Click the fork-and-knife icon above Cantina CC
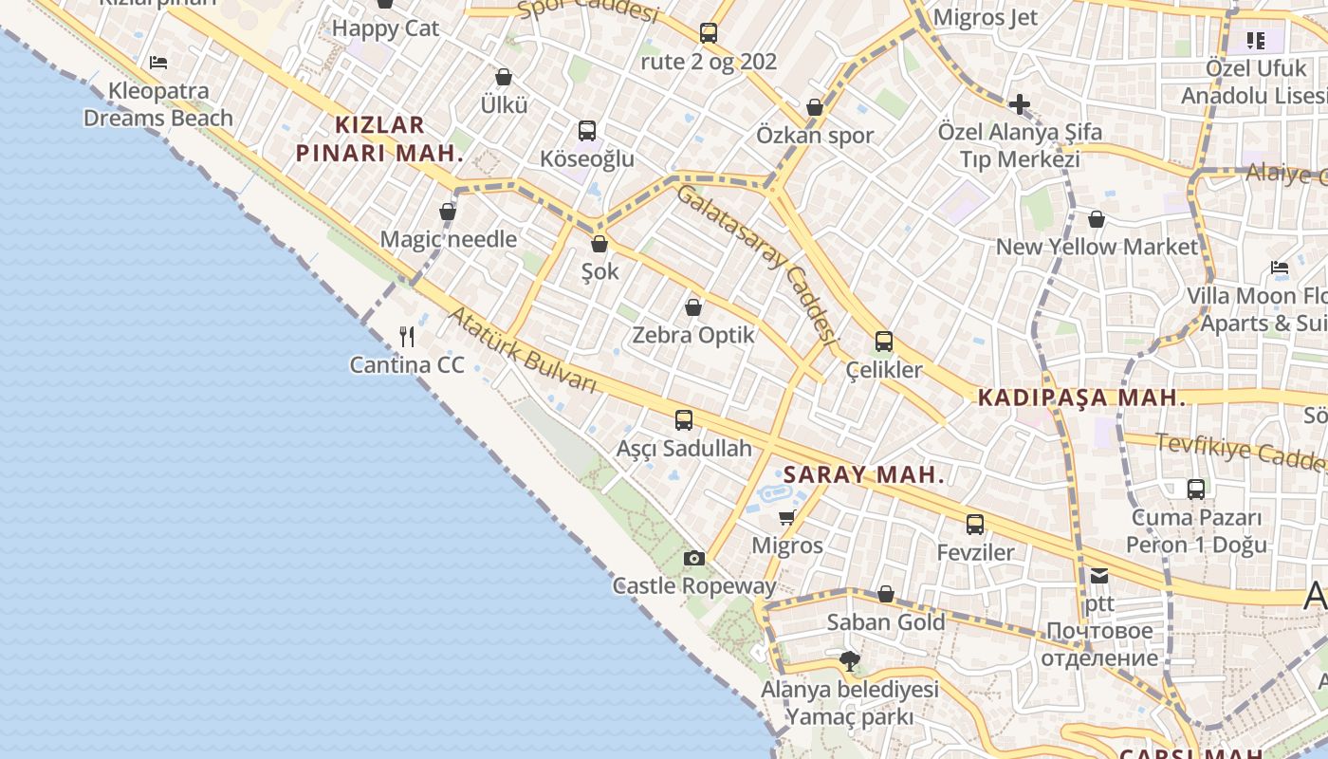407,337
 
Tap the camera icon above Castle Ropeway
694,558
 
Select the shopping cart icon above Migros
786,517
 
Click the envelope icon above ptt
1099,575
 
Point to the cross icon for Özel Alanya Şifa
1020,103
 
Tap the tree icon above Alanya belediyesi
850,661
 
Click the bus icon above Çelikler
884,342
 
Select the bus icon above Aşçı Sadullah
684,419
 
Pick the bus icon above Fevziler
975,524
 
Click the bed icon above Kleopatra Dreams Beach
158,63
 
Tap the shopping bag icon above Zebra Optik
693,307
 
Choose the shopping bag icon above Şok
599,244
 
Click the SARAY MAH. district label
864,475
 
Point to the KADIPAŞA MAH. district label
1082,398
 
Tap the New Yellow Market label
1097,247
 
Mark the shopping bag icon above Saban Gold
886,594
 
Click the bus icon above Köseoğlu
587,131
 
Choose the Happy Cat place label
385,28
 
